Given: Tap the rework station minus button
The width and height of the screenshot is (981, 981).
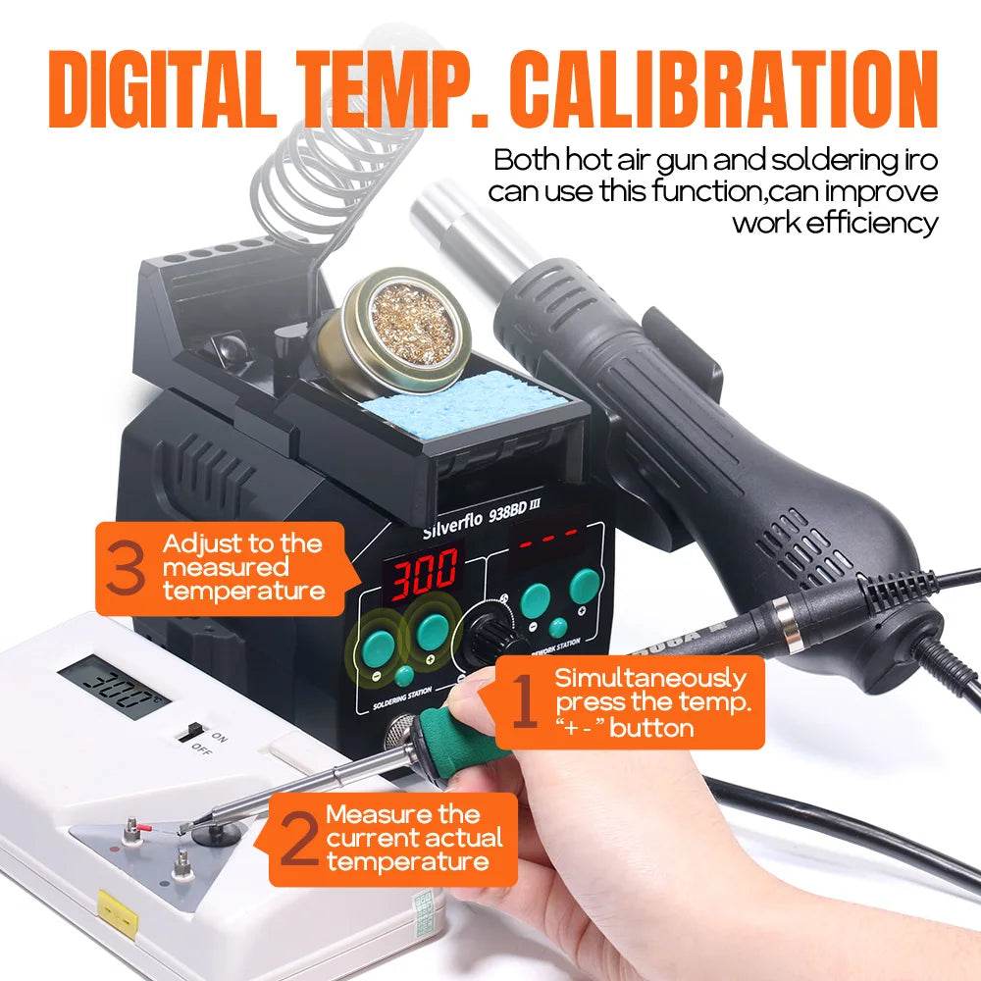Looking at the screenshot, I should point(536,599).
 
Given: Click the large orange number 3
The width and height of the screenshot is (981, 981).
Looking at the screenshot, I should point(126,570).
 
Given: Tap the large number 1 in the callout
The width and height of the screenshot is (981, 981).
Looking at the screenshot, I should point(526,705).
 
